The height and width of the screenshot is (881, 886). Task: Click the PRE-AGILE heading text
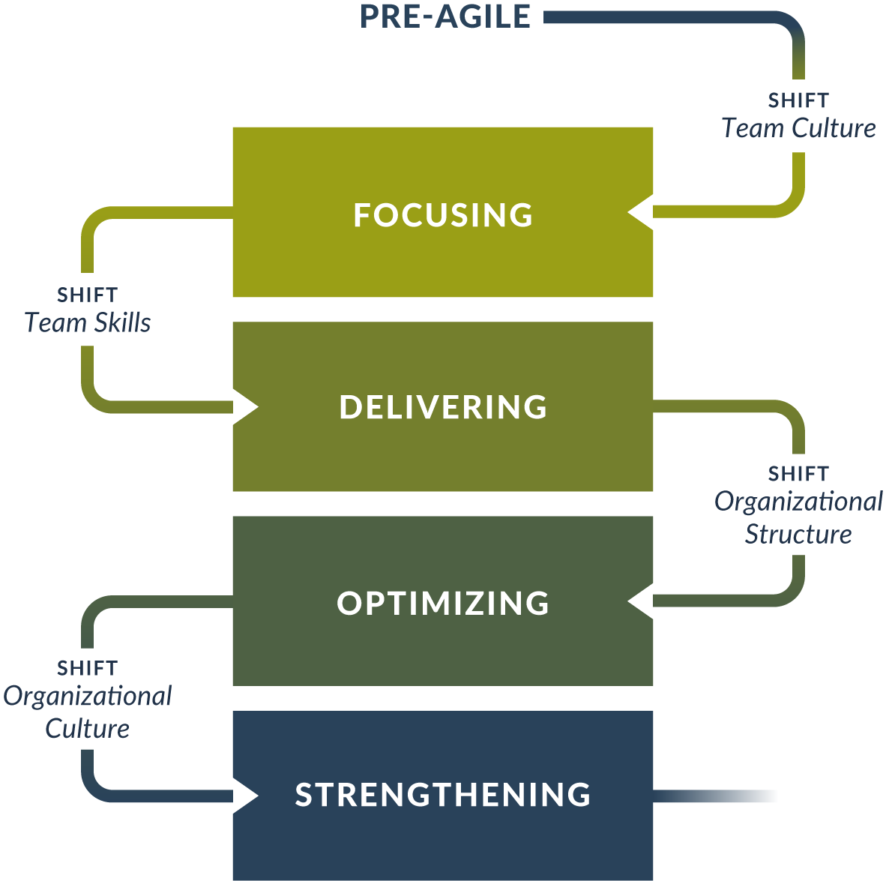(x=445, y=17)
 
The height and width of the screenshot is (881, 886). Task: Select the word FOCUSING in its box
(x=443, y=215)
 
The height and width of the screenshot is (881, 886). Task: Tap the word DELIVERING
(x=443, y=407)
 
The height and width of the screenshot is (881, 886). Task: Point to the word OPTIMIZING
(x=443, y=603)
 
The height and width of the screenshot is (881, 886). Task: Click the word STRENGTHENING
(x=443, y=795)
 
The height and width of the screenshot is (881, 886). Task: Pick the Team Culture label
(x=798, y=128)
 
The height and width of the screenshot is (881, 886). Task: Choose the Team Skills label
(x=88, y=322)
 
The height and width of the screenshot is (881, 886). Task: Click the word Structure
(x=798, y=534)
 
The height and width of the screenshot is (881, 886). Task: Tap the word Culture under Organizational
(x=88, y=728)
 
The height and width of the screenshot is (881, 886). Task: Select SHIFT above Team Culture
(x=798, y=100)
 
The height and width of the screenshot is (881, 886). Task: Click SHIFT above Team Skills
(x=88, y=295)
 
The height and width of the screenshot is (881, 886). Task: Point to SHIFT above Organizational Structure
(x=798, y=474)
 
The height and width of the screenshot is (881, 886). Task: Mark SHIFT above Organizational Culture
(x=88, y=667)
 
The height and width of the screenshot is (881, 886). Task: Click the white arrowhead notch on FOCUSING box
(x=641, y=213)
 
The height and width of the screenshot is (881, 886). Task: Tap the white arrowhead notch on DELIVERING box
(x=246, y=407)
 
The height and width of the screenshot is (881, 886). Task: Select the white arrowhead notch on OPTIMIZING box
(x=641, y=601)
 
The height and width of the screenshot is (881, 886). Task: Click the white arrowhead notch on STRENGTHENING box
(x=246, y=796)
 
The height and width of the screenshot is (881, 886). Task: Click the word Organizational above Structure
(x=798, y=502)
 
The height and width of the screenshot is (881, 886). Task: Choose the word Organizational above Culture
(x=88, y=696)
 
